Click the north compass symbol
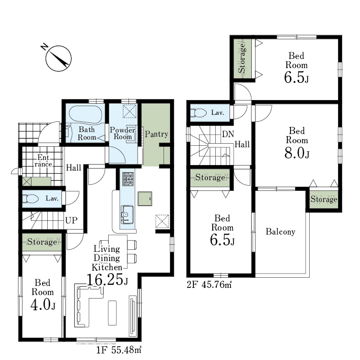(x=58, y=58)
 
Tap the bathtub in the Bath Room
(x=86, y=114)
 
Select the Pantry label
(x=156, y=134)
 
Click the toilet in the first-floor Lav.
(x=30, y=199)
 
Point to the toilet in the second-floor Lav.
(x=199, y=113)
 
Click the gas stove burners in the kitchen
(x=128, y=179)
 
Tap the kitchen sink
(x=127, y=214)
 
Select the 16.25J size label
(x=107, y=280)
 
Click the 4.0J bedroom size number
(x=43, y=305)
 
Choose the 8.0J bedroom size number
(x=297, y=153)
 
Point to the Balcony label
(x=280, y=232)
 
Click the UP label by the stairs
(x=72, y=220)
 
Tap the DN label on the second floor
(x=228, y=135)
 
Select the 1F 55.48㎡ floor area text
(x=118, y=350)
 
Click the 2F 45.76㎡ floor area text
(x=209, y=285)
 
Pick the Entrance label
(x=43, y=161)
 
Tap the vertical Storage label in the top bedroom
(x=242, y=58)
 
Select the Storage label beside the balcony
(x=324, y=199)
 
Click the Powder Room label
(x=122, y=133)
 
